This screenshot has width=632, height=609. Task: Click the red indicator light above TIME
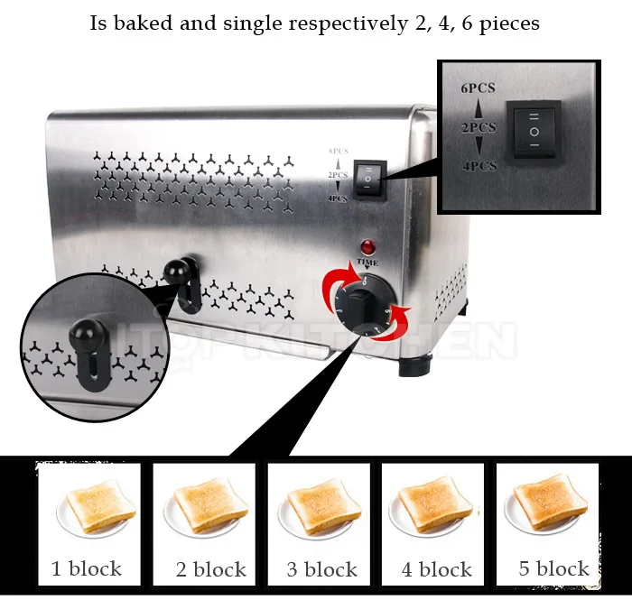pos(367,246)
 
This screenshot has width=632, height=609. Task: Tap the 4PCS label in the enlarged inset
pos(479,166)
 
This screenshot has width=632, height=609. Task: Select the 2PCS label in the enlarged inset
pos(479,128)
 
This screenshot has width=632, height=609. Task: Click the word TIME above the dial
pos(367,263)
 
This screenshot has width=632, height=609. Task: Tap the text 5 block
pos(553,569)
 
